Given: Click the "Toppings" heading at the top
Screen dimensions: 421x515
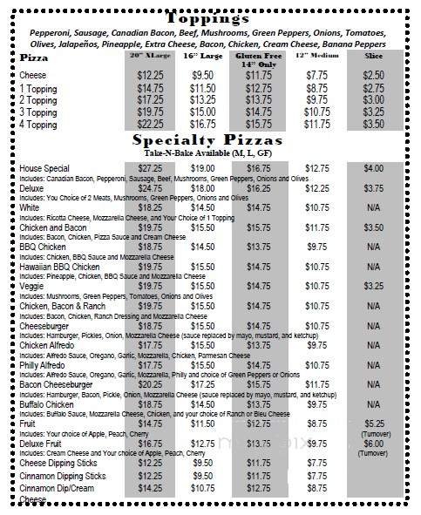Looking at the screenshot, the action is pyautogui.click(x=209, y=15).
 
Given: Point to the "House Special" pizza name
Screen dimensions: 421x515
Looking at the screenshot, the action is pyautogui.click(x=43, y=166).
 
